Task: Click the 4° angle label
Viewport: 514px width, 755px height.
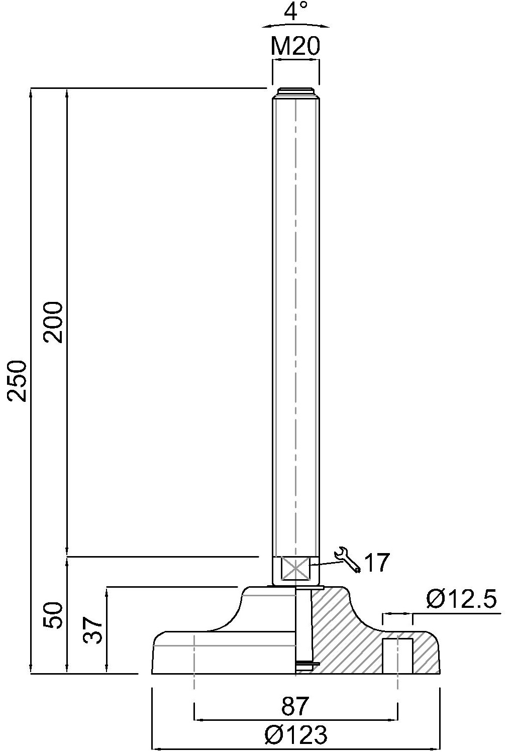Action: tap(295, 11)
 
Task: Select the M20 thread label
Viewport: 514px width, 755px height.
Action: tap(295, 46)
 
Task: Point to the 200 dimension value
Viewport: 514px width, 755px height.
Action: tap(53, 322)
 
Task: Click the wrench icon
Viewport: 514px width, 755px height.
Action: tap(348, 560)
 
